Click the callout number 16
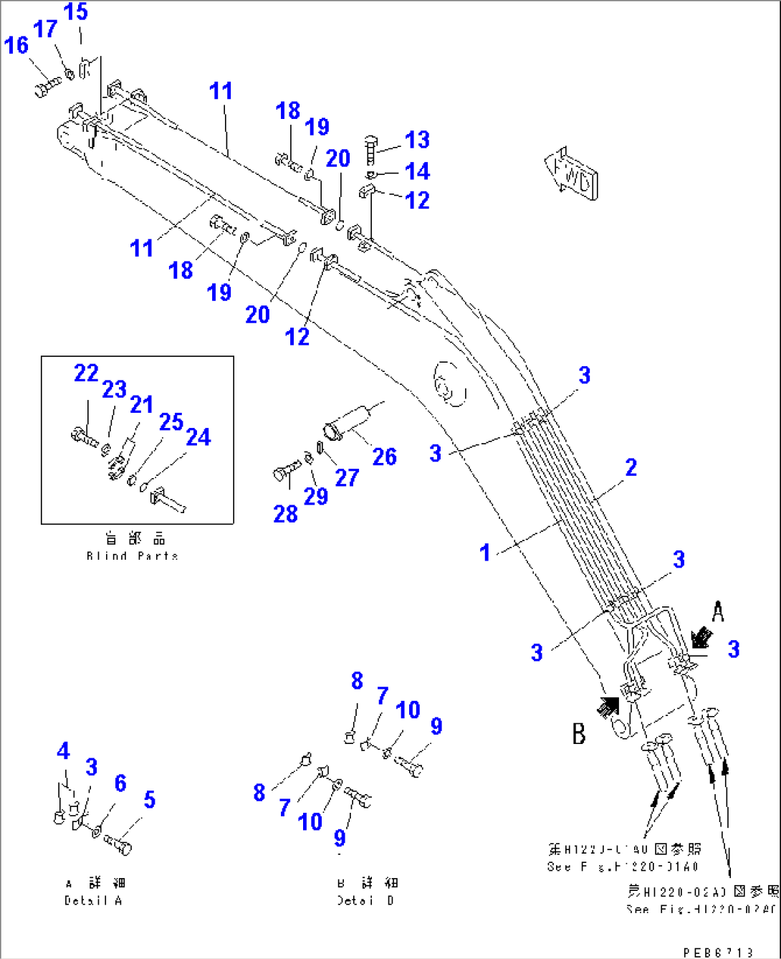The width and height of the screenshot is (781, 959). (x=16, y=45)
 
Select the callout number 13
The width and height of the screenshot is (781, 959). (x=417, y=140)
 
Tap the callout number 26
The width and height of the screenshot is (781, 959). (x=384, y=457)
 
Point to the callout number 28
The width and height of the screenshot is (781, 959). (x=285, y=513)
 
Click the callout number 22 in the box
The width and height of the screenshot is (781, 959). (x=86, y=373)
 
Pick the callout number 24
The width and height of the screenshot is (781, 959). (x=198, y=436)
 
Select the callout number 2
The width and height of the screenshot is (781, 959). (x=631, y=467)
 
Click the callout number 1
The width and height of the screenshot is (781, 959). (x=485, y=552)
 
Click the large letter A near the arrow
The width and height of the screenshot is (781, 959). (x=717, y=611)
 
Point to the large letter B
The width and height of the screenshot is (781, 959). (x=579, y=733)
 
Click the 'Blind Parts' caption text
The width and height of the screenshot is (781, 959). (x=132, y=555)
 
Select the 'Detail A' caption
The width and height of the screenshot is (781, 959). (x=93, y=900)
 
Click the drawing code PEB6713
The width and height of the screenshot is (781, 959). (x=718, y=952)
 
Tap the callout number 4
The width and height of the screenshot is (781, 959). (x=63, y=751)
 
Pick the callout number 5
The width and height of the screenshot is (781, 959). (x=149, y=799)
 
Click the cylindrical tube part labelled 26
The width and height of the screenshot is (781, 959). (x=349, y=422)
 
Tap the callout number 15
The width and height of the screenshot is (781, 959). (x=75, y=12)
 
